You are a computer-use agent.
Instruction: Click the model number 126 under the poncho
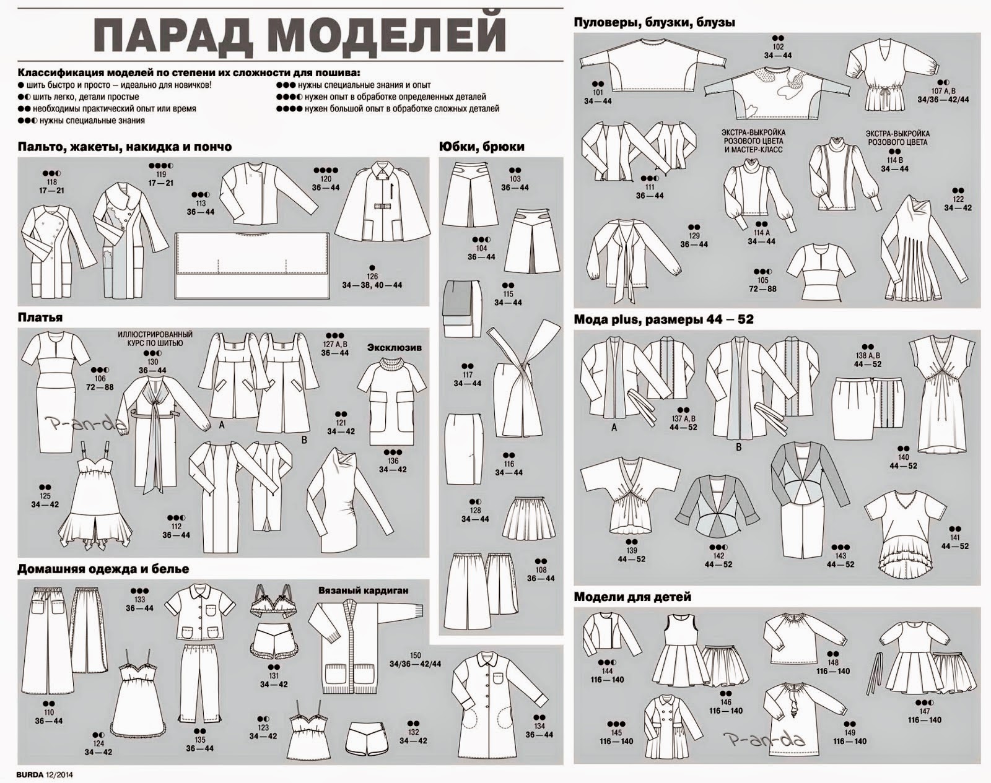click(x=372, y=276)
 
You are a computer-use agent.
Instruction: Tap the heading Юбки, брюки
click(x=481, y=147)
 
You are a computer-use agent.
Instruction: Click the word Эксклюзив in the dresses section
click(x=395, y=348)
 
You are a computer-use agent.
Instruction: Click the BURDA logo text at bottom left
click(x=30, y=774)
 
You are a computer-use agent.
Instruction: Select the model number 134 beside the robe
click(x=539, y=726)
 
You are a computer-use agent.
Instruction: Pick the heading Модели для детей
click(x=632, y=597)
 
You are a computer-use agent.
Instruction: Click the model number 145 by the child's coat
click(x=616, y=732)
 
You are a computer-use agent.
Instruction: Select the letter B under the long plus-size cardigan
click(x=739, y=447)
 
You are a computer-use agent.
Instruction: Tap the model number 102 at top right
click(x=778, y=47)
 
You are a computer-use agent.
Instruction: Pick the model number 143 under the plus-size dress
click(x=840, y=556)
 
